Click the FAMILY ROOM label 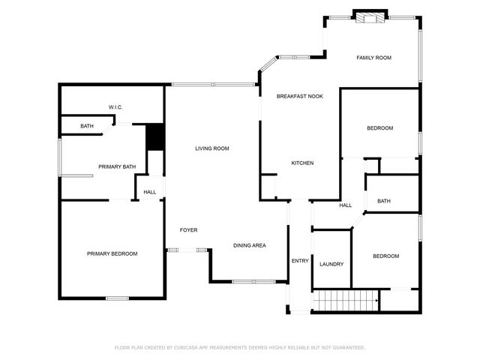pyautogui.click(x=373, y=58)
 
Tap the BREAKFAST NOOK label pyautogui.click(x=299, y=96)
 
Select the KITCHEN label pyautogui.click(x=302, y=163)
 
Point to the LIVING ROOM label pyautogui.click(x=211, y=148)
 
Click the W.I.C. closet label pyautogui.click(x=115, y=107)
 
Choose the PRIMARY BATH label pyautogui.click(x=117, y=166)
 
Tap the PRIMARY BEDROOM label pyautogui.click(x=112, y=253)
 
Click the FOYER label pyautogui.click(x=188, y=229)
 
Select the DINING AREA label pyautogui.click(x=249, y=245)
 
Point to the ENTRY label pyautogui.click(x=299, y=260)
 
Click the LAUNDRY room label pyautogui.click(x=331, y=264)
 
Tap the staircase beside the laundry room pyautogui.click(x=344, y=301)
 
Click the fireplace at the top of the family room pyautogui.click(x=370, y=16)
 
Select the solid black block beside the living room pyautogui.click(x=154, y=136)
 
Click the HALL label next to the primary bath pyautogui.click(x=150, y=192)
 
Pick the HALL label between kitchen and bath pyautogui.click(x=345, y=205)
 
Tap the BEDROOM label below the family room pyautogui.click(x=379, y=128)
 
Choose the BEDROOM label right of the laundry pyautogui.click(x=385, y=256)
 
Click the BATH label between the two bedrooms pyautogui.click(x=384, y=201)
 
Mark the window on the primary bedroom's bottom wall pyautogui.click(x=117, y=298)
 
